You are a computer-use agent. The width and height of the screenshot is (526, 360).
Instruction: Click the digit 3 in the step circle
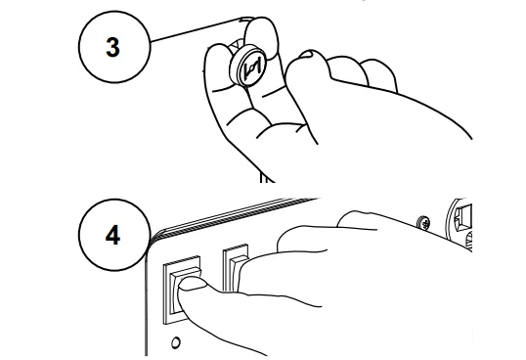click(x=112, y=47)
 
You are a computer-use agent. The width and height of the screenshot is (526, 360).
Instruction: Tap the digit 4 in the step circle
click(x=112, y=235)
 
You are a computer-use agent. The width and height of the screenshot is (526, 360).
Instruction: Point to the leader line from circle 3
click(x=197, y=30)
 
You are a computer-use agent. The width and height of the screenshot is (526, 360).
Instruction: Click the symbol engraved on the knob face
click(x=252, y=68)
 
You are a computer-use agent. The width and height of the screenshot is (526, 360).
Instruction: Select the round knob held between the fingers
click(x=247, y=66)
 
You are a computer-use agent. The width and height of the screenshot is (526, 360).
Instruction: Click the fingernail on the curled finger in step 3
click(x=306, y=54)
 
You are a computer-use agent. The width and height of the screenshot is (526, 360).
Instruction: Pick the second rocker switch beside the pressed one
click(x=236, y=268)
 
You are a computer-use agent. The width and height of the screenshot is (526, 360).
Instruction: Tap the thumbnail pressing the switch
click(x=193, y=284)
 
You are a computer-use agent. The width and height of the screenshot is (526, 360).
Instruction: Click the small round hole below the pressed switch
click(x=175, y=342)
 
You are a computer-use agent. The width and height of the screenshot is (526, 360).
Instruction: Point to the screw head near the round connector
click(x=424, y=223)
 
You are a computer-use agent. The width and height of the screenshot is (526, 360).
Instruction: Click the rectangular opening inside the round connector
click(x=464, y=217)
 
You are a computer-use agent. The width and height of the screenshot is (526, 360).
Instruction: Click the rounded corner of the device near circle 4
click(x=152, y=240)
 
